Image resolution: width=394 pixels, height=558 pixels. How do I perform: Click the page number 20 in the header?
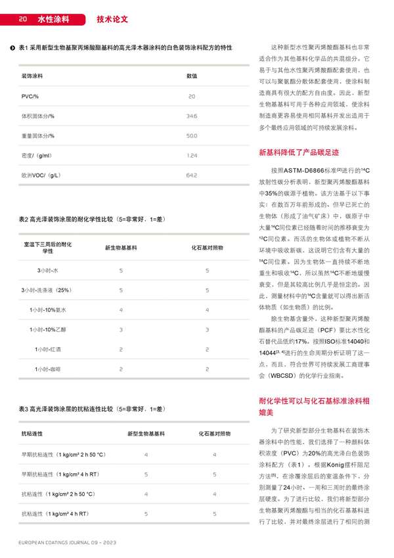point(22,19)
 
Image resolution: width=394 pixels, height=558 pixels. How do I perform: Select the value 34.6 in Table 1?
point(192,116)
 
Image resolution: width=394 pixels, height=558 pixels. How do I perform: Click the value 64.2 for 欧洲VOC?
point(192,175)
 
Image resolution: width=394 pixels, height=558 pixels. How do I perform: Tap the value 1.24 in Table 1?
point(192,156)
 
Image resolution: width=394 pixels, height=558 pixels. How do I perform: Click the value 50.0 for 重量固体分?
point(192,136)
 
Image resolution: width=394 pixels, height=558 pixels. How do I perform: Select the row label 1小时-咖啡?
point(48,370)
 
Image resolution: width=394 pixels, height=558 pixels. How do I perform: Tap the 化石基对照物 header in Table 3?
point(215,434)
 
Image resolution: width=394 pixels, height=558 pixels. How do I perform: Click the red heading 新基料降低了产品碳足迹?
point(299,152)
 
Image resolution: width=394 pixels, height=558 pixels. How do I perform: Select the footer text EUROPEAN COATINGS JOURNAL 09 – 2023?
point(68,544)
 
